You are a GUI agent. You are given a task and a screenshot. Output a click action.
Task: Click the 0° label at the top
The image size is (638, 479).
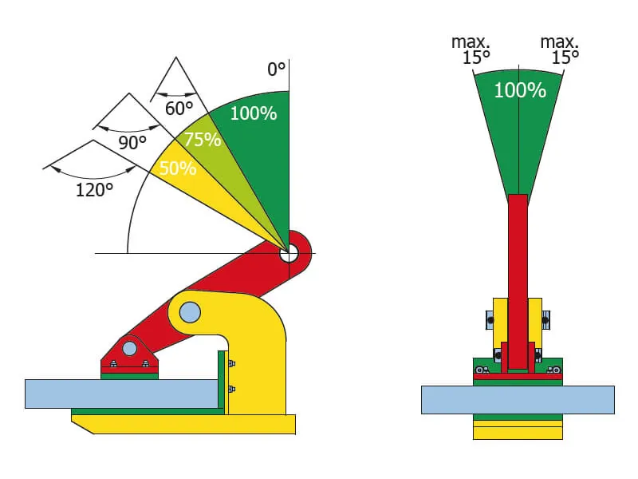click(276, 69)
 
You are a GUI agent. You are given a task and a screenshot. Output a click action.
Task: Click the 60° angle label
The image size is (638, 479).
click(179, 108)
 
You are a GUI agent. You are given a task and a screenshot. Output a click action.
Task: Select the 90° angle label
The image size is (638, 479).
click(132, 142)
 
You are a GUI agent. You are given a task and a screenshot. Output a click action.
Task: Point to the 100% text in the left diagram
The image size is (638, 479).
click(253, 113)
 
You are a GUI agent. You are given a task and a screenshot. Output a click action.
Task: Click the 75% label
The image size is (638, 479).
click(202, 139)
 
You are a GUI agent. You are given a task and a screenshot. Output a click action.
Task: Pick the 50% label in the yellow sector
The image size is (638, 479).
click(177, 168)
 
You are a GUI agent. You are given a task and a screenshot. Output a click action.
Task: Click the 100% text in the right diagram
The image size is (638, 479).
click(519, 90)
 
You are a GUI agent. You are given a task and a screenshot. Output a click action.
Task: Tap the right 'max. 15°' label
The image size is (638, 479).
click(560, 49)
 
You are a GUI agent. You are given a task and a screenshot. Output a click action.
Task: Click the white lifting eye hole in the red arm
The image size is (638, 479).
click(289, 253)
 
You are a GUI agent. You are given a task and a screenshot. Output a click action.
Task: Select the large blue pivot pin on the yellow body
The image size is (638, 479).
click(190, 312)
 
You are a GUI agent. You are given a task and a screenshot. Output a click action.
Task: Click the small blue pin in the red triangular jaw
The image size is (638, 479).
click(129, 348)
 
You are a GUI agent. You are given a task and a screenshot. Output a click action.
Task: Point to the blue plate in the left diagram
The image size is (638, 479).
click(120, 394)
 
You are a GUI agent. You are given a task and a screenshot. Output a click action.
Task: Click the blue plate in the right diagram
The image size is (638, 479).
click(518, 399)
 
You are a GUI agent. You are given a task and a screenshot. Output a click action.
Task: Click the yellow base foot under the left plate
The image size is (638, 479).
click(191, 423)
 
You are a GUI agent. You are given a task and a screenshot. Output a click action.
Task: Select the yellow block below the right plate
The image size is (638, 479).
click(518, 431)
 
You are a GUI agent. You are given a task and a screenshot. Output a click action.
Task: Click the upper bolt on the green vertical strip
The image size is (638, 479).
click(231, 364)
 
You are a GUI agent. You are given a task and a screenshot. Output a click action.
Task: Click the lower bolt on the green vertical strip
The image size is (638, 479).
click(231, 390)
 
